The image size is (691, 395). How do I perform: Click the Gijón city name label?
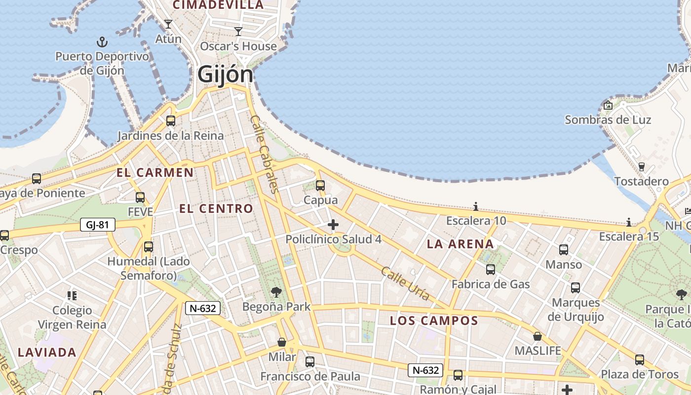[225, 75]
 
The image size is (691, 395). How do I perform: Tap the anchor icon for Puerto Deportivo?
[102, 41]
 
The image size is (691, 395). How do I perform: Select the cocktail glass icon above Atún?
[168, 24]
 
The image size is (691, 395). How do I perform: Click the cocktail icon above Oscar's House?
[238, 32]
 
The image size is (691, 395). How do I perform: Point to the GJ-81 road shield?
[97, 225]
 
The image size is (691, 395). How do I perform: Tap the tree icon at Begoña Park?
[276, 292]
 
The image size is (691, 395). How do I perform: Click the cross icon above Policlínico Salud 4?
[333, 225]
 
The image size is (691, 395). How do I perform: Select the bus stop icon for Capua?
[320, 186]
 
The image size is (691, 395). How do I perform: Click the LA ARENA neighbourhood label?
[460, 244]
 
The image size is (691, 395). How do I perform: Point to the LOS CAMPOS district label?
[434, 321]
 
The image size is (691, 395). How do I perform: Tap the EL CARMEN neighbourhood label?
[155, 173]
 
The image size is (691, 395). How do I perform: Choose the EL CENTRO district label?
[216, 209]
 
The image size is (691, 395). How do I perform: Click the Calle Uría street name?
[405, 283]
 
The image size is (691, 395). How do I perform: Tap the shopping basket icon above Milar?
[282, 342]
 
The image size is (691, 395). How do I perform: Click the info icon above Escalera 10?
[476, 206]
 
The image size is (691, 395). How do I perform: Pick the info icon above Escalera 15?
[629, 222]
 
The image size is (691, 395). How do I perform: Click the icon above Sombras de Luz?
[608, 105]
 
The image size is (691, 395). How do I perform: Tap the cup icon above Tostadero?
[641, 167]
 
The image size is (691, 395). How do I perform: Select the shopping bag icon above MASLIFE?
[537, 336]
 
